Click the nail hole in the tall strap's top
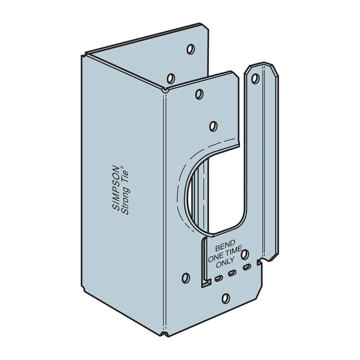click(x=254, y=78)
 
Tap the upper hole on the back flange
click(x=190, y=49)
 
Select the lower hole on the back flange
click(x=171, y=78)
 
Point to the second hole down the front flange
click(x=212, y=126)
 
